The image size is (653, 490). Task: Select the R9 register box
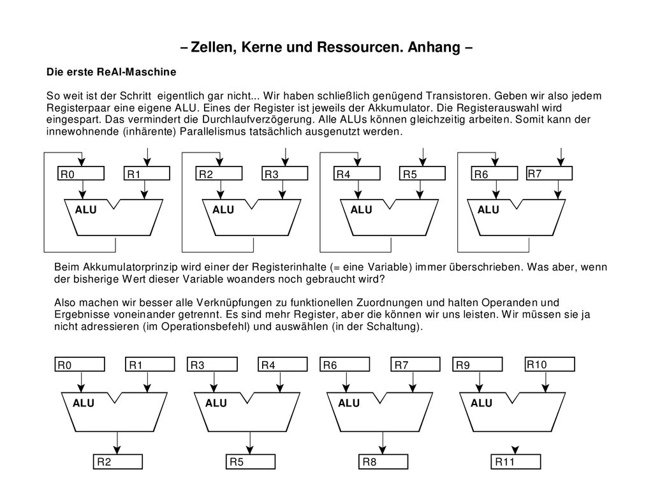(x=478, y=364)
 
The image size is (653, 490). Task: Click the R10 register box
(x=550, y=364)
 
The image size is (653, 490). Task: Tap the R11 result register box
(x=516, y=462)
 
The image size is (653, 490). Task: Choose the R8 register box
(x=383, y=462)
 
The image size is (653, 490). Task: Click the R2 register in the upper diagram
(x=219, y=174)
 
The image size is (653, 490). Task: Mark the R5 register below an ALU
(x=250, y=462)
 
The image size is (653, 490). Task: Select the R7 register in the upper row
(x=549, y=174)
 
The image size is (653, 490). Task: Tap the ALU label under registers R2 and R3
(x=223, y=209)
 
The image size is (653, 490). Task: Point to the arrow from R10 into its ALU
(x=546, y=382)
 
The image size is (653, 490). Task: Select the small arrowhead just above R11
(x=515, y=450)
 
